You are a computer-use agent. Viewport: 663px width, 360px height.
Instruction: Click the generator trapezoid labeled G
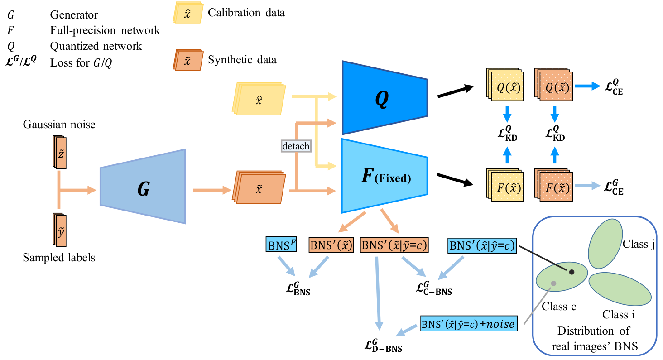pyautogui.click(x=143, y=186)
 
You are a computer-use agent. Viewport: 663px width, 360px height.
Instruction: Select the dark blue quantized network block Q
pyautogui.click(x=385, y=98)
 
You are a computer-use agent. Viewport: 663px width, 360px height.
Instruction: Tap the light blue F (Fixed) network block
pyautogui.click(x=384, y=176)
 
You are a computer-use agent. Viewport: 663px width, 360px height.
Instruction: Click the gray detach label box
pyautogui.click(x=296, y=146)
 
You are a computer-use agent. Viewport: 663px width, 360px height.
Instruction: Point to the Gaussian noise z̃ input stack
pyautogui.click(x=59, y=152)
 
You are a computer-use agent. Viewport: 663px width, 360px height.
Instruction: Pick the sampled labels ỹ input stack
pyautogui.click(x=59, y=230)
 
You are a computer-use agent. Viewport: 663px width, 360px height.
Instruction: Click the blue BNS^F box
pyautogui.click(x=281, y=244)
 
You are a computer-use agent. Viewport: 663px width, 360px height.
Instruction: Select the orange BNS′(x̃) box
pyautogui.click(x=331, y=245)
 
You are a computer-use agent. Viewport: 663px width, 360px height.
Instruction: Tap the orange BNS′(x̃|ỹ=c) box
pyautogui.click(x=394, y=245)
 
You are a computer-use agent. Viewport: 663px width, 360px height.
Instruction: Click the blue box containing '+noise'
pyautogui.click(x=469, y=323)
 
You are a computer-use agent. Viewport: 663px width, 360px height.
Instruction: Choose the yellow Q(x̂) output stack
pyautogui.click(x=504, y=84)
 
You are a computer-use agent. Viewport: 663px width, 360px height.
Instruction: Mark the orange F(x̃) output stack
pyautogui.click(x=553, y=185)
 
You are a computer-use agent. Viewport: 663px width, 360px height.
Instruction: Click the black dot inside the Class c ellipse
pyautogui.click(x=572, y=272)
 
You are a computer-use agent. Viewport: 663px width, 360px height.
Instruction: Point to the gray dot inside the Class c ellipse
pyautogui.click(x=553, y=283)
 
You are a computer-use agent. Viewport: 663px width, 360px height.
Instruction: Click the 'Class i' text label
pyautogui.click(x=619, y=314)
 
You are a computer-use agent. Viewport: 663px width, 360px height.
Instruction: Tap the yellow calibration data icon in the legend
pyautogui.click(x=188, y=12)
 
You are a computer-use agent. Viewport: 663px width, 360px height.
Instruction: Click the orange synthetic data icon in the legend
pyautogui.click(x=188, y=60)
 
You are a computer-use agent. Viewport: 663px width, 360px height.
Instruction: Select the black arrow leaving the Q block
pyautogui.click(x=456, y=91)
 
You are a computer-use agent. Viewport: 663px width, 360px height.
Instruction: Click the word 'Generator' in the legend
pyautogui.click(x=74, y=14)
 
